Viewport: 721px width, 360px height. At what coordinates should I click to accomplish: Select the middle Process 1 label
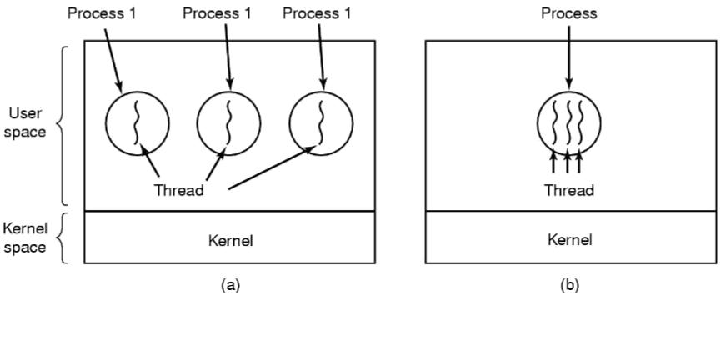[x=218, y=13]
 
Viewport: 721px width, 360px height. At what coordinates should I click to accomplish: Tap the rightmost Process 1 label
[x=318, y=13]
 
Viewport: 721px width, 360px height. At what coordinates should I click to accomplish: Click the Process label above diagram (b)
[x=569, y=13]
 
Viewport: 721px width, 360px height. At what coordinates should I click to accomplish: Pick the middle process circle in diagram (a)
[x=228, y=126]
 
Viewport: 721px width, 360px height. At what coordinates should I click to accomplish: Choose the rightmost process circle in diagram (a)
[x=321, y=126]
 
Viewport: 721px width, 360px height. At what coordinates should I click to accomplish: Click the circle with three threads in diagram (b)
[x=569, y=125]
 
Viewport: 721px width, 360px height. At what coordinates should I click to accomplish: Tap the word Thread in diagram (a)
[x=178, y=190]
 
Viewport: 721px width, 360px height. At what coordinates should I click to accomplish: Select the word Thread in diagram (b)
[x=569, y=190]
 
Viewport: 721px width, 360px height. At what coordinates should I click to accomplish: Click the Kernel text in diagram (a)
[x=229, y=241]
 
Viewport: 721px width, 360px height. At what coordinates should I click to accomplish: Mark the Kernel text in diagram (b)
[x=569, y=240]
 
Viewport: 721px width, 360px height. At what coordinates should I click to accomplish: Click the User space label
[x=26, y=122]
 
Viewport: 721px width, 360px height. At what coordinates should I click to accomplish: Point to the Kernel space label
[x=25, y=237]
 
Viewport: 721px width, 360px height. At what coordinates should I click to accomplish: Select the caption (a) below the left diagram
[x=229, y=285]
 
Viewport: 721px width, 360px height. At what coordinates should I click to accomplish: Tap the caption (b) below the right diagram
[x=569, y=285]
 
